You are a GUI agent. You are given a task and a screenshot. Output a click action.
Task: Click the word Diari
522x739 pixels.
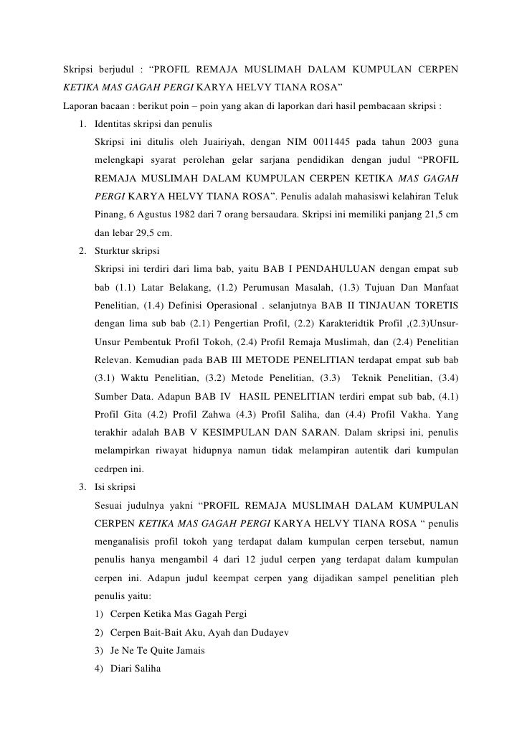pos(122,670)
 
